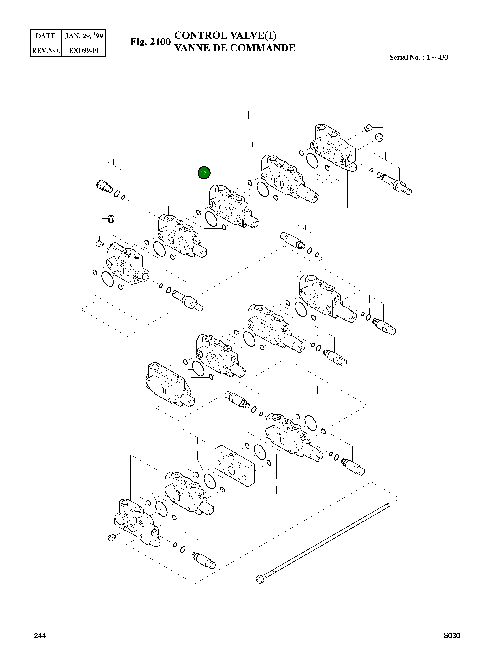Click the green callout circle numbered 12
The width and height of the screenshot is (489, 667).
204,173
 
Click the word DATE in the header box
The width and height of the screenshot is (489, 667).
46,36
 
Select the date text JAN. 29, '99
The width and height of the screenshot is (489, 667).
84,36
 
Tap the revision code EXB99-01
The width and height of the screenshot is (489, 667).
84,50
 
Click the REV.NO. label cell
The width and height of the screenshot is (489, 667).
46,50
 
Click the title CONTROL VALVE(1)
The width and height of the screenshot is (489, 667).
225,35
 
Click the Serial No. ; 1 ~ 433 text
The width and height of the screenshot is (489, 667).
419,57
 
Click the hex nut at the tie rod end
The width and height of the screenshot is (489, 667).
260,579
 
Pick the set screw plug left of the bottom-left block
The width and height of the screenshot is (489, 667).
112,538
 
